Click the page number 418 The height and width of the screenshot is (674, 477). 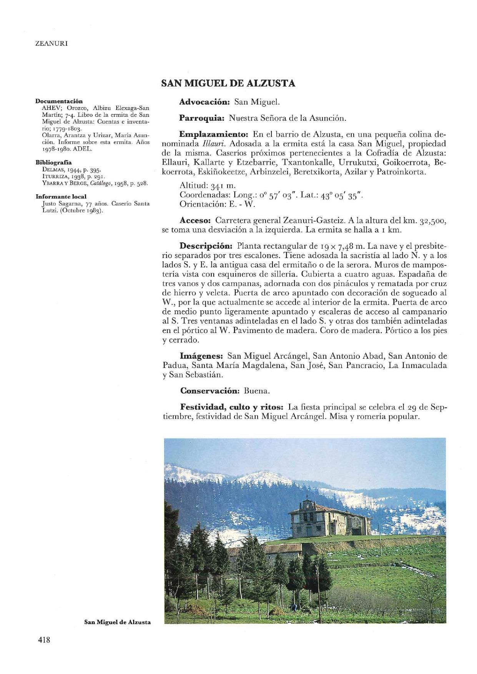[x=44, y=640]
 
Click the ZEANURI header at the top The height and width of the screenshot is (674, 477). [x=52, y=43]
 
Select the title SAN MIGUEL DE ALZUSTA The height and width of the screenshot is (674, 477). [x=228, y=83]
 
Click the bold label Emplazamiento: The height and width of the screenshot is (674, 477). [x=215, y=135]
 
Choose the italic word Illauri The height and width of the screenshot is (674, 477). [x=211, y=144]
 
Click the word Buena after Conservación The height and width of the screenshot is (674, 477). [x=257, y=391]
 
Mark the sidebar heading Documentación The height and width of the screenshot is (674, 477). [x=59, y=101]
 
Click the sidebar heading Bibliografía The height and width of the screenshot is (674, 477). [x=54, y=162]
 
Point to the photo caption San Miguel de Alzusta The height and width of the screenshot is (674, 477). [x=117, y=622]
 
